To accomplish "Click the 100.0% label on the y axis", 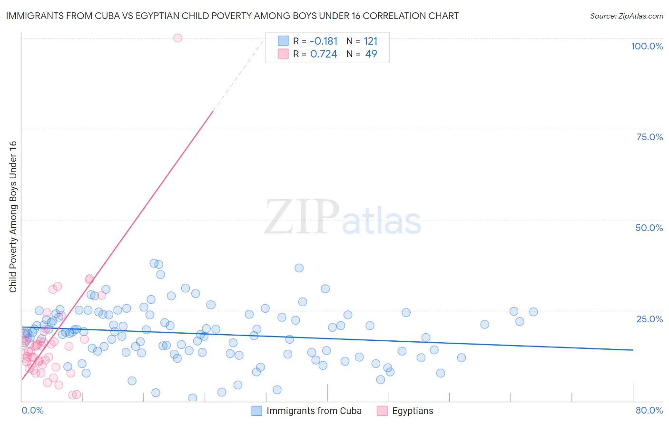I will pos(647,46).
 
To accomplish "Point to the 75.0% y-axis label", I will pos(649,137).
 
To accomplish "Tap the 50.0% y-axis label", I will pos(649,228).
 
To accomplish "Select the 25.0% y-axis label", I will pos(649,318).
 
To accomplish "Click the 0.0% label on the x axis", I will pos(32,410).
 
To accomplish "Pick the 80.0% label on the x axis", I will pos(649,410).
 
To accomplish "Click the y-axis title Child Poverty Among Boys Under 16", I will pos(13,217).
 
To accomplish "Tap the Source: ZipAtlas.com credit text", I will pos(626,16).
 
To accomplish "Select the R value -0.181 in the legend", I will pos(323,41).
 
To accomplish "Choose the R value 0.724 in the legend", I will pos(324,54).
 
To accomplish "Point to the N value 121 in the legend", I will pos(370,41).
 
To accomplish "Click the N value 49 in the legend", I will pos(371,54).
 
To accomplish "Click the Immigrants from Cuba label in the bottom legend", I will pos(314,411).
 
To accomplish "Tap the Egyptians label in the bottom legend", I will pos(413,411).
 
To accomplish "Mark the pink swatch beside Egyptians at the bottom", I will pos(382,411).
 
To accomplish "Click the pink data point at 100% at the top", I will pos(177,38).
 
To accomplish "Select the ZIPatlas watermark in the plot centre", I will pos(343,217).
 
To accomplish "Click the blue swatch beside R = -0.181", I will pos(283,41).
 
